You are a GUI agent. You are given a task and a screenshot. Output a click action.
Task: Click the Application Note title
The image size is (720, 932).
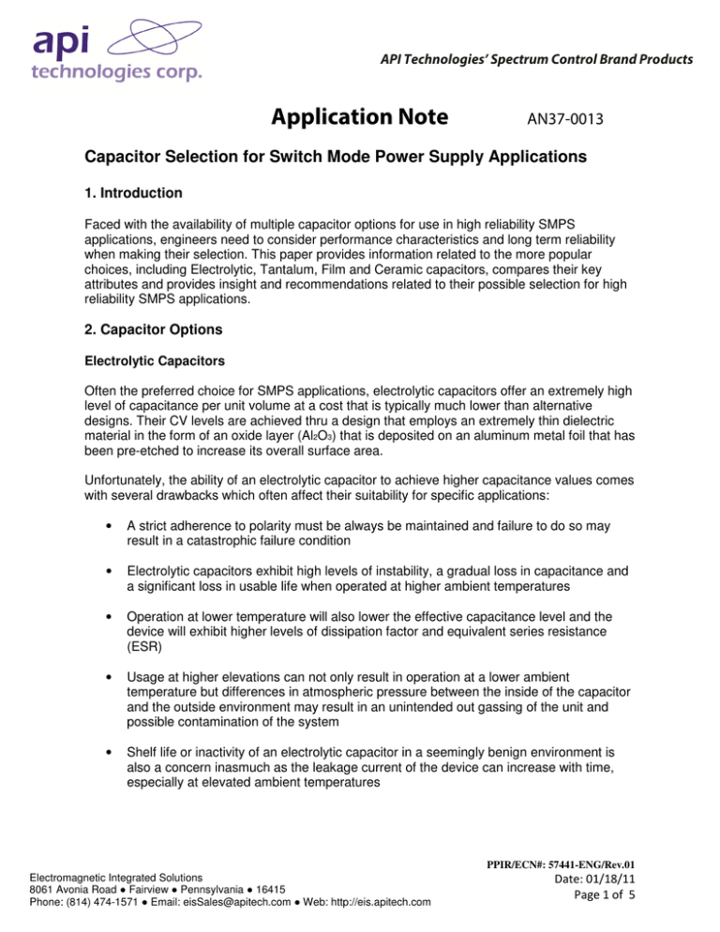[369, 119]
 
